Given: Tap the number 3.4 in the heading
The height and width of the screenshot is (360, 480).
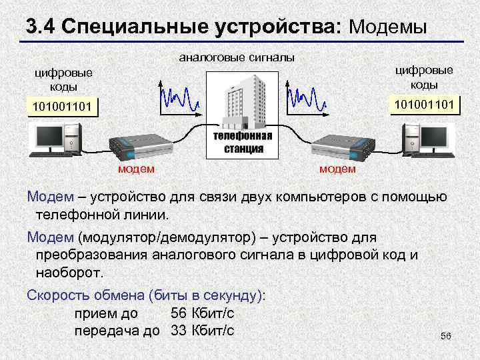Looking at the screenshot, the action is click(x=42, y=27).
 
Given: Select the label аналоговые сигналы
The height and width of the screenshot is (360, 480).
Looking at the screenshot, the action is click(x=237, y=58).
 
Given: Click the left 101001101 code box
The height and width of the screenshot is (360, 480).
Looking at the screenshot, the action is click(x=60, y=107).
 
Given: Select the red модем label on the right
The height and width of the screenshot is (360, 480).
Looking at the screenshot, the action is click(x=337, y=169).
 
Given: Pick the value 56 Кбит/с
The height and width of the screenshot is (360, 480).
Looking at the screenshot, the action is click(x=202, y=313).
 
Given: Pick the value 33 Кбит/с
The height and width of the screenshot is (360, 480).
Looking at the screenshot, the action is click(x=202, y=330).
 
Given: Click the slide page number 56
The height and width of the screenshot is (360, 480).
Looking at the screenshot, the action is click(x=446, y=337).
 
